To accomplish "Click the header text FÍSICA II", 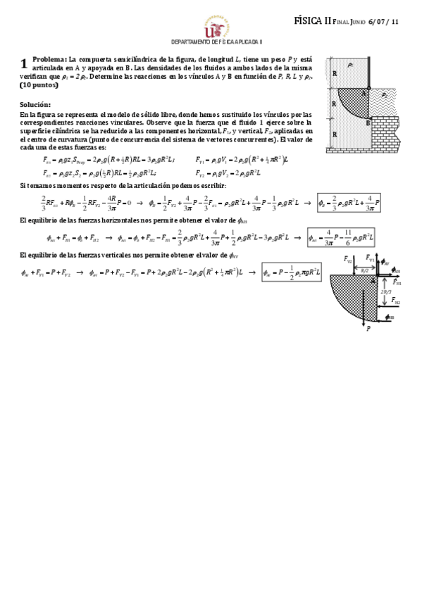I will pyautogui.click(x=312, y=21).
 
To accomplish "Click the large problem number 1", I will pyautogui.click(x=24, y=63).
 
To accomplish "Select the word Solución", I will pyautogui.click(x=35, y=104).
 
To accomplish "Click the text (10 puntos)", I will pyautogui.click(x=37, y=84).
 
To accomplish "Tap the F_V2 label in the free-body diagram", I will pyautogui.click(x=348, y=260).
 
